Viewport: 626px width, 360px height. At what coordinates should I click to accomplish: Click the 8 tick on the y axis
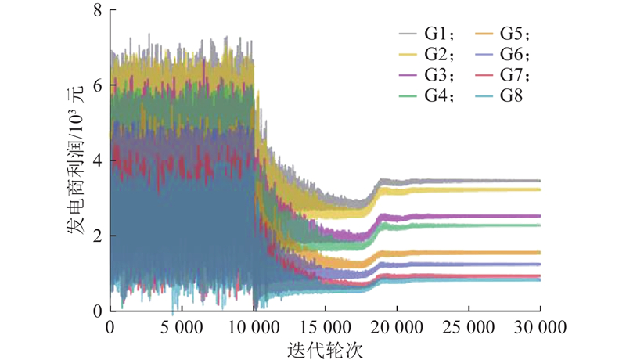click(98, 11)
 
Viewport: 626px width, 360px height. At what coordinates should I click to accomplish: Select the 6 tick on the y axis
click(98, 86)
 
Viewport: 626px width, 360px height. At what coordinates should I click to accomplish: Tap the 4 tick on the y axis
click(98, 160)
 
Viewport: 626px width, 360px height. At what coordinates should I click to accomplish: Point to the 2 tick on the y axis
click(98, 236)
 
